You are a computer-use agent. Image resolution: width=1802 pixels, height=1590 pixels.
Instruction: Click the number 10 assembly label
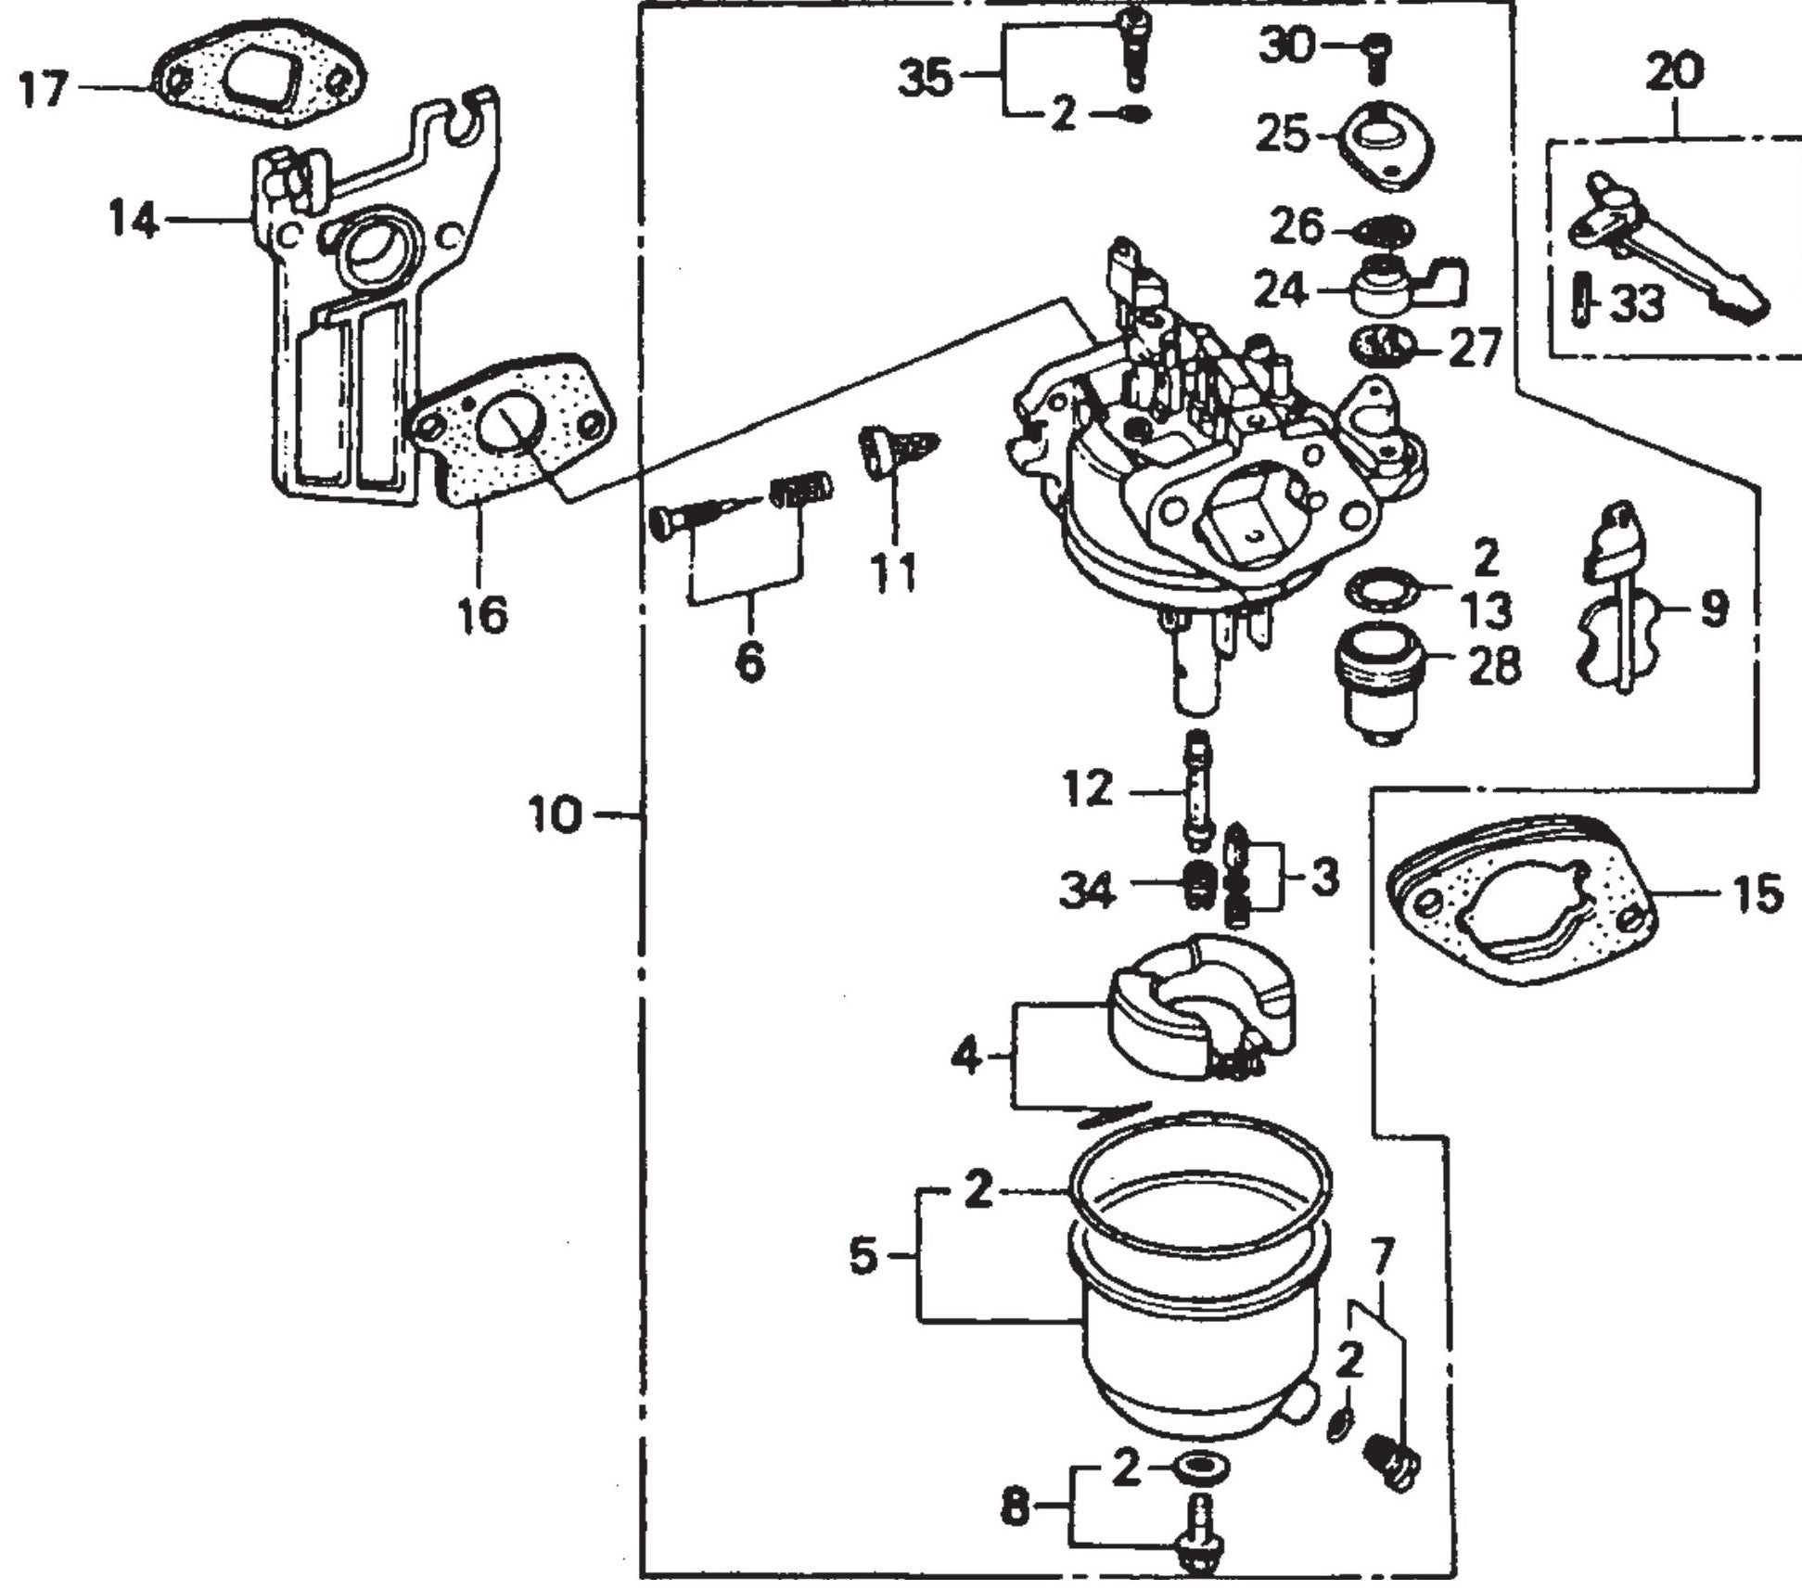coord(555,816)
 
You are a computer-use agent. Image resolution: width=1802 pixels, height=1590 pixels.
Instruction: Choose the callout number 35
coord(927,76)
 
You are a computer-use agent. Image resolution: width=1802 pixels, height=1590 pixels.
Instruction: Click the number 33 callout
coord(1638,302)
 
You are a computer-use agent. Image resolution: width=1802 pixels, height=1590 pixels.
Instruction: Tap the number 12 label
coord(1087,789)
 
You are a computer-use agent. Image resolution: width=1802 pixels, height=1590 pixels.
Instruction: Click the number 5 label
coord(863,1259)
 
